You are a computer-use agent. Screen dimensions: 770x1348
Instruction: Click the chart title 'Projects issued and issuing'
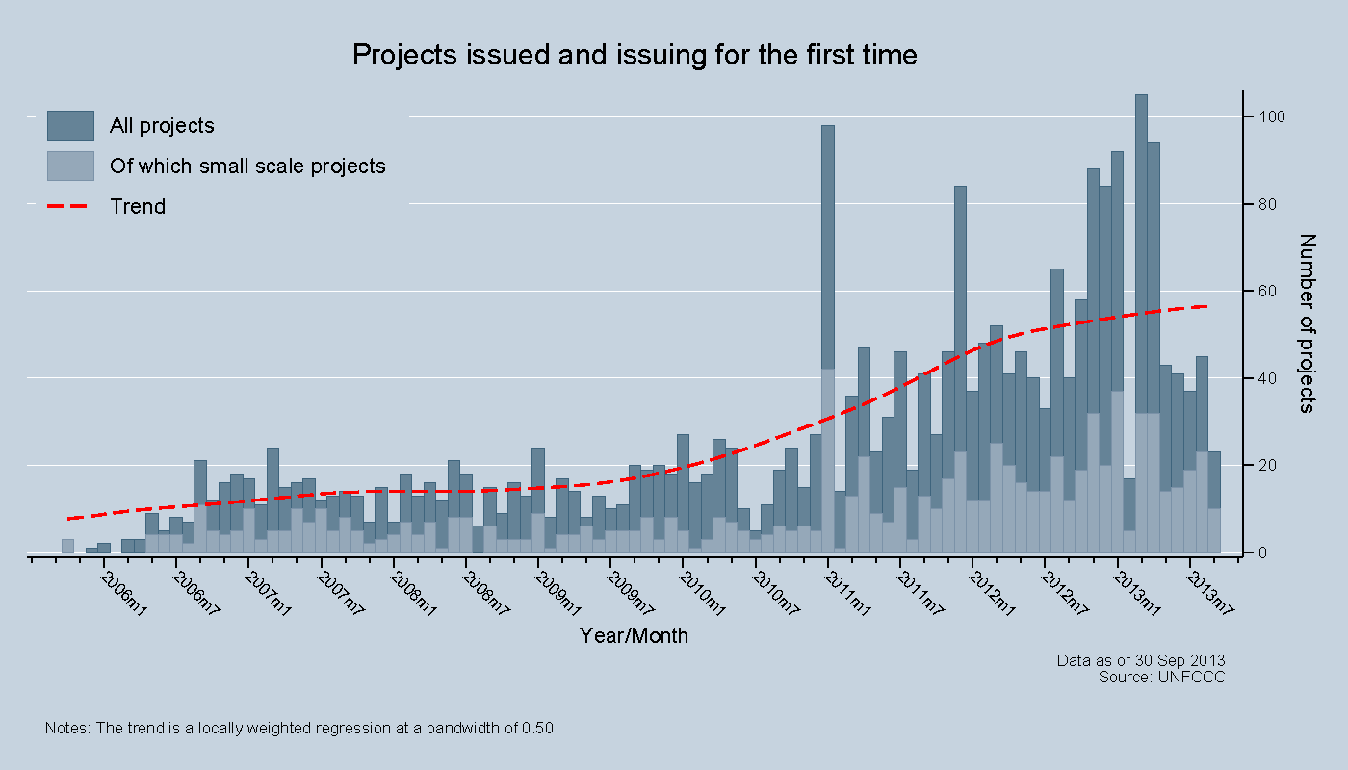click(x=635, y=55)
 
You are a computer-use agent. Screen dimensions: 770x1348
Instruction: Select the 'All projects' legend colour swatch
click(x=70, y=126)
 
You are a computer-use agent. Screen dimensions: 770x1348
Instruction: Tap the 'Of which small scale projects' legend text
click(x=247, y=167)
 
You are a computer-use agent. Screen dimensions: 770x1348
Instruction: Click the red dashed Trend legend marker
click(x=70, y=207)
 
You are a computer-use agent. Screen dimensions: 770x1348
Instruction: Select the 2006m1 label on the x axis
click(x=123, y=594)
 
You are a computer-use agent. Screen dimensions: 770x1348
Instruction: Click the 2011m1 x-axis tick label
click(x=847, y=594)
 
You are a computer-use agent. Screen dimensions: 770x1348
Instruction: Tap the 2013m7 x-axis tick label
click(x=1209, y=594)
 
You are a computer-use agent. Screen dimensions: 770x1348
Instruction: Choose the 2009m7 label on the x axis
click(x=630, y=594)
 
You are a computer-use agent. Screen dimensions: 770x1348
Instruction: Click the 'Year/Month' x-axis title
click(x=634, y=636)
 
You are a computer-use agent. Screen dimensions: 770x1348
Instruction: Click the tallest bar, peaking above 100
click(x=1141, y=289)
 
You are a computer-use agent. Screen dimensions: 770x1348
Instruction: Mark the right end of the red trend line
click(x=1206, y=306)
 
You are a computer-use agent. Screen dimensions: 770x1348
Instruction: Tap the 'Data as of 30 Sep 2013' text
click(x=1140, y=661)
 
